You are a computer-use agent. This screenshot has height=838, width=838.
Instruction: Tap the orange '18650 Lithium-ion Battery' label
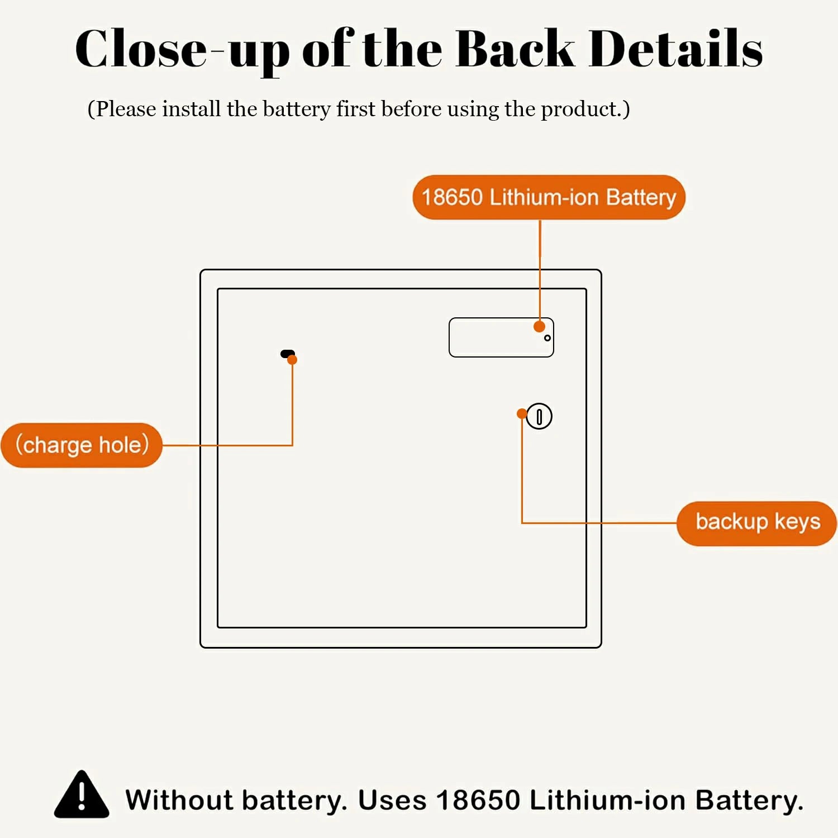tap(549, 197)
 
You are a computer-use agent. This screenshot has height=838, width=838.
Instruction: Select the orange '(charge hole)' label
tap(82, 445)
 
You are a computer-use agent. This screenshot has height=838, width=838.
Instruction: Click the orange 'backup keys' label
tap(757, 522)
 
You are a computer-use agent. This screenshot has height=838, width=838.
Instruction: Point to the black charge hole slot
tap(286, 353)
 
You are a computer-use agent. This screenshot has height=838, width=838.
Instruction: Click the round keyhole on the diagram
tap(539, 416)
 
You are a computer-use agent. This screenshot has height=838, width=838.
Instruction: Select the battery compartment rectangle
tap(492, 338)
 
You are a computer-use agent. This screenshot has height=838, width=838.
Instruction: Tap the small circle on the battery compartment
tap(547, 338)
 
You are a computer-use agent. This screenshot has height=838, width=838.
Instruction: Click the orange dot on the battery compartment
tap(539, 326)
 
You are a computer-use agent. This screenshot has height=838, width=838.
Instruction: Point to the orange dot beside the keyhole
tap(522, 413)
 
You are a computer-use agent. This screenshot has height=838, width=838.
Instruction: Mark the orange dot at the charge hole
tap(292, 360)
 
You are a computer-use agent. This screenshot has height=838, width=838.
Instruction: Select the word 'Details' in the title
tap(675, 49)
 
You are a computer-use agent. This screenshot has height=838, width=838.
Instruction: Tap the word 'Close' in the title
tap(141, 49)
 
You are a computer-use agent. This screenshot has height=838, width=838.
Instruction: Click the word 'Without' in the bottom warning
tap(179, 800)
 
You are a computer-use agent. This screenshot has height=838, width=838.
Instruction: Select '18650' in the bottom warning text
tap(478, 800)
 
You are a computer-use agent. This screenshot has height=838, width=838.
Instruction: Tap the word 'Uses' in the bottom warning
tap(392, 800)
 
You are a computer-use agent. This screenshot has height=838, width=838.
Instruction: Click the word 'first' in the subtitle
tap(355, 109)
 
